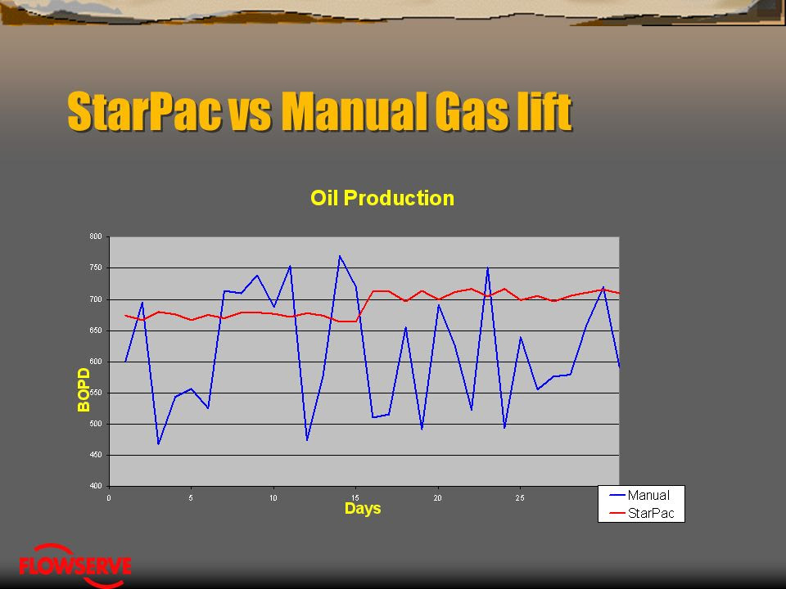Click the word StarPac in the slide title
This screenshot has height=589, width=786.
(144, 111)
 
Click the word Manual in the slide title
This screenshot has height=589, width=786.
(354, 111)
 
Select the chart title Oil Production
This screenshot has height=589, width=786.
(382, 198)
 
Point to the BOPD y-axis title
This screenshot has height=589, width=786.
(84, 389)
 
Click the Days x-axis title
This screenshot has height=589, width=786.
(363, 508)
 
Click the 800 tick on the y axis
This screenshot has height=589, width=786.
(96, 236)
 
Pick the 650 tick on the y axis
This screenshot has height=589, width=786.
(96, 330)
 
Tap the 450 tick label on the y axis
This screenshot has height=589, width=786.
(96, 455)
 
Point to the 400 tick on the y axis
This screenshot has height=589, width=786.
(96, 486)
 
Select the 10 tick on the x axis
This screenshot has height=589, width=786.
(273, 498)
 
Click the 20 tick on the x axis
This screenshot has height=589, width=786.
(437, 498)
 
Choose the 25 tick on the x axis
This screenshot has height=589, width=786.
(520, 498)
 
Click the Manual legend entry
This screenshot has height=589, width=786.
(640, 496)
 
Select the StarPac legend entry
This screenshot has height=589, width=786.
(642, 513)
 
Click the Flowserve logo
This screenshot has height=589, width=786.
(75, 565)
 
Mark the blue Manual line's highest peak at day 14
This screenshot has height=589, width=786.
(339, 256)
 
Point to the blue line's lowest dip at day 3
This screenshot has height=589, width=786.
(158, 443)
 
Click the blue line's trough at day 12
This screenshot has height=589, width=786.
(307, 440)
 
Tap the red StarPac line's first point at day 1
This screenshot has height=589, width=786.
(125, 316)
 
